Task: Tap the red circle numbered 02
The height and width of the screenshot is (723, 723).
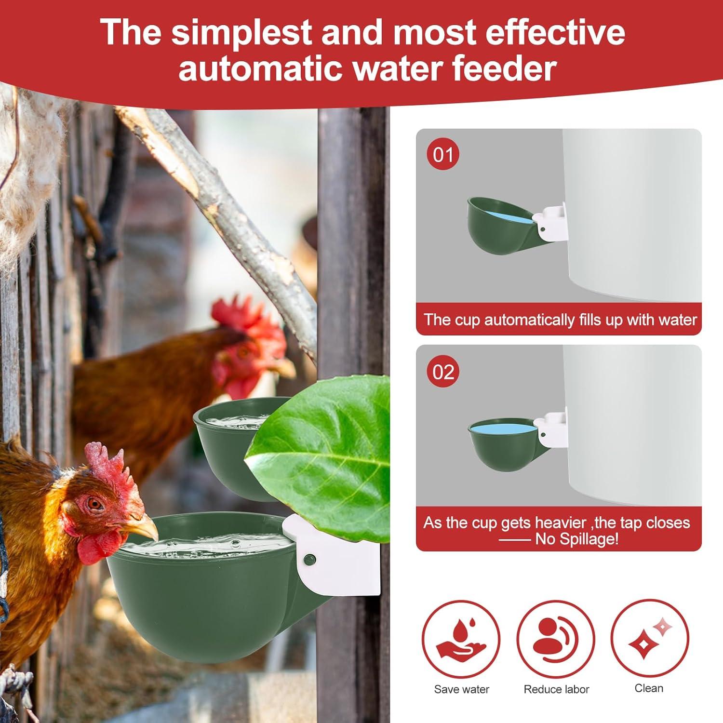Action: tap(443, 372)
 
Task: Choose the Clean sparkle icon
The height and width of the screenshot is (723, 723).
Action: tap(649, 639)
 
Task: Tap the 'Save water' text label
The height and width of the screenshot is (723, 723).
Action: tap(461, 689)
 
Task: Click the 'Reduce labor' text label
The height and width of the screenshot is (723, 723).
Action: tap(556, 689)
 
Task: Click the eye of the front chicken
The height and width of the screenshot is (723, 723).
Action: tap(95, 504)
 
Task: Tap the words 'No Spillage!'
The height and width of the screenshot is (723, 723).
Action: tap(576, 539)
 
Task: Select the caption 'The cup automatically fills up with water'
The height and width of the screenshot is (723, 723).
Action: tap(560, 320)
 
